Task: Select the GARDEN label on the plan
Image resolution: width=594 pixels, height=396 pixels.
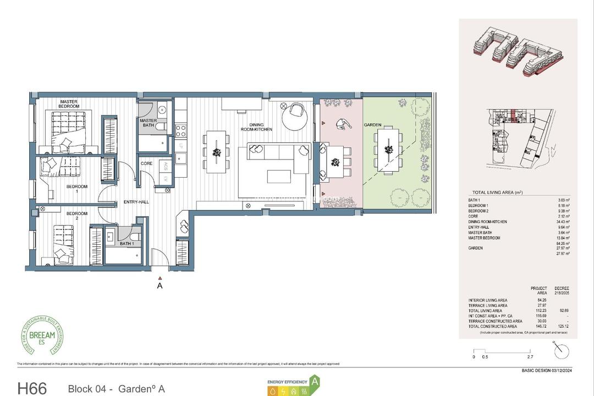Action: [372, 125]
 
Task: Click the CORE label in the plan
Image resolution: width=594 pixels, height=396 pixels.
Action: [146, 163]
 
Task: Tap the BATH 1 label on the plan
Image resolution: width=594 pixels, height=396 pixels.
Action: [127, 243]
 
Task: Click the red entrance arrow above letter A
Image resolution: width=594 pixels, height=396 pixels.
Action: [159, 278]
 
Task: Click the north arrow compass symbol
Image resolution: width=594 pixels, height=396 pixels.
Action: [562, 351]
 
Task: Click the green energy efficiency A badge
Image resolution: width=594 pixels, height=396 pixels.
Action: [315, 380]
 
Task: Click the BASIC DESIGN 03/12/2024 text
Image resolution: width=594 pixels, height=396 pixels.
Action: [546, 371]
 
